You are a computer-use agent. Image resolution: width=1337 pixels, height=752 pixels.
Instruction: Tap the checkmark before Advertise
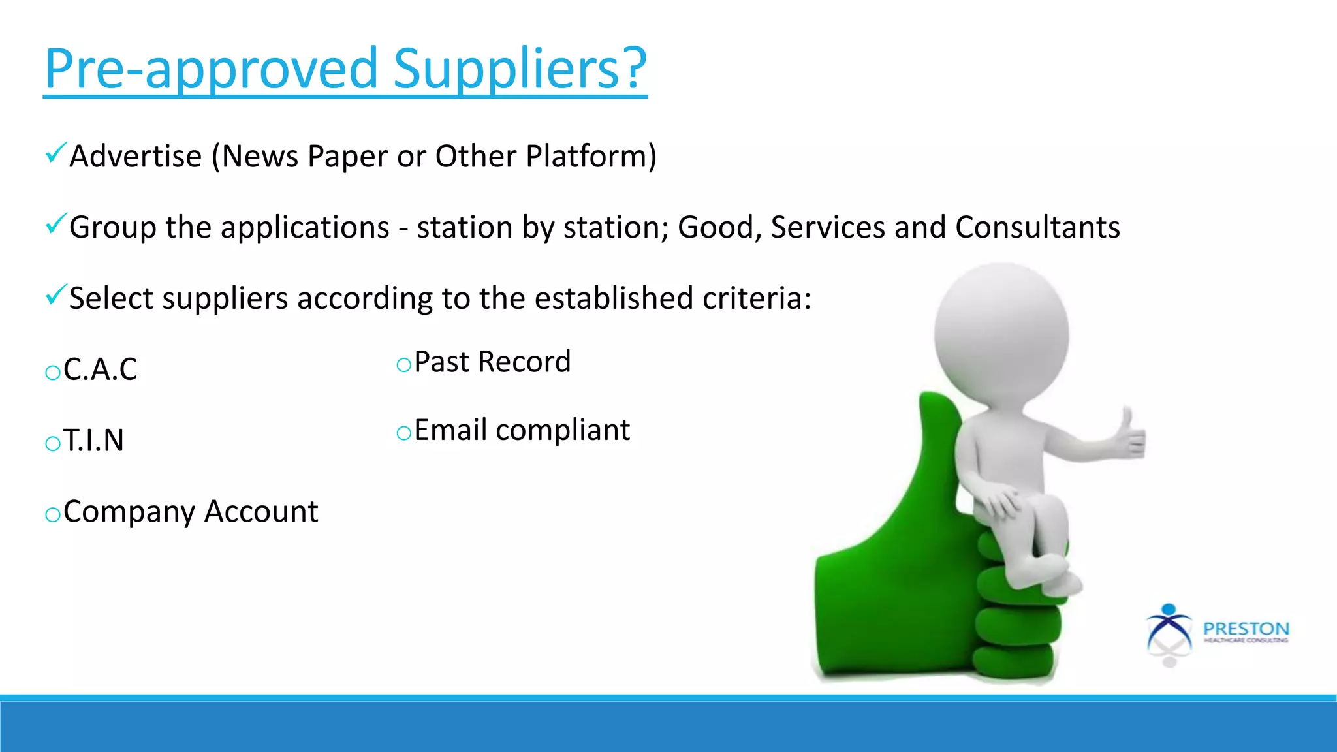point(55,153)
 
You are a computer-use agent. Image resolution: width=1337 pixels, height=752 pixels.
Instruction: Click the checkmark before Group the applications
point(55,224)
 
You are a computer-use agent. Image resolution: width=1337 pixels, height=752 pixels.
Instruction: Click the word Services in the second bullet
point(827,227)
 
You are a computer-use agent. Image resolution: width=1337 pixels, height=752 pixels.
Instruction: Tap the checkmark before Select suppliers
point(55,295)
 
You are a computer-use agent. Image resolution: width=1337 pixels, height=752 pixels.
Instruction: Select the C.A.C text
point(100,369)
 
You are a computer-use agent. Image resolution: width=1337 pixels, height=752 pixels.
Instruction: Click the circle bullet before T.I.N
point(52,444)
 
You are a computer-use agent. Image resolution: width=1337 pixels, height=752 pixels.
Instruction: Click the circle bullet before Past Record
point(403,365)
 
